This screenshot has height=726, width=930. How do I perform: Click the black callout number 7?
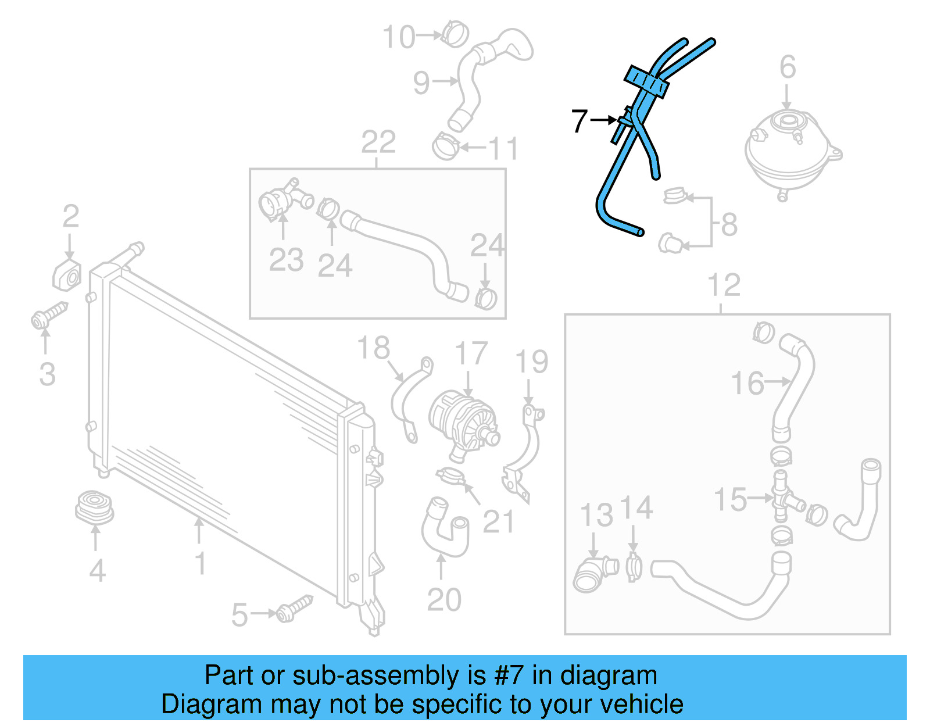click(580, 121)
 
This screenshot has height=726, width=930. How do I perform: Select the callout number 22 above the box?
click(378, 142)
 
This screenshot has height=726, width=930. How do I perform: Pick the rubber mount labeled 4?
click(94, 507)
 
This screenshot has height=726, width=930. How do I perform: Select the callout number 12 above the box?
click(724, 285)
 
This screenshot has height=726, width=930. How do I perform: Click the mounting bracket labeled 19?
click(525, 450)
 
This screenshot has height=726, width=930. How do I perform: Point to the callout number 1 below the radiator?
click(201, 563)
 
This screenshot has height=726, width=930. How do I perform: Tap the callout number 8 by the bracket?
click(729, 224)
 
